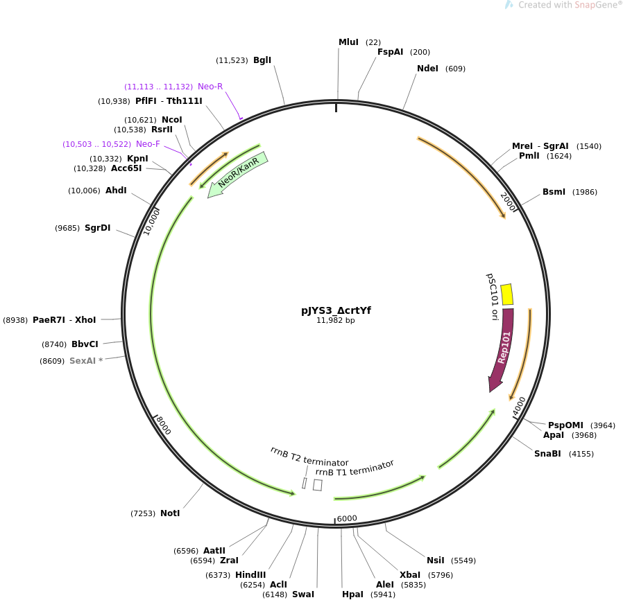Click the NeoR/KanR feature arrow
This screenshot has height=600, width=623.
[237, 175]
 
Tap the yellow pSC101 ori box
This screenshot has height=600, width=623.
[506, 294]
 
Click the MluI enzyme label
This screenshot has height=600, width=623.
[348, 42]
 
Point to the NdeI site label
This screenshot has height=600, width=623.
[427, 69]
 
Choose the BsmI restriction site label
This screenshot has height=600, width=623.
[554, 192]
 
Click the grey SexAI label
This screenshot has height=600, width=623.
[83, 361]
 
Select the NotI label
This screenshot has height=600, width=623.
[170, 513]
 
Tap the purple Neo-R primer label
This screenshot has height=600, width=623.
[210, 87]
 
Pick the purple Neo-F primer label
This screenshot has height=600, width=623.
[148, 144]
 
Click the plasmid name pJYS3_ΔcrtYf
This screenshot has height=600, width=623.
[336, 310]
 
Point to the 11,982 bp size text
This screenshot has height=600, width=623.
[335, 320]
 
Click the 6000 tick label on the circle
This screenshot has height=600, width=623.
[347, 518]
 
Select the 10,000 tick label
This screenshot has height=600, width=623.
[151, 222]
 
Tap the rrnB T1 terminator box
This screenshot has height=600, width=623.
[318, 485]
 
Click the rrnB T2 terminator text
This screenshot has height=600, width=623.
[309, 457]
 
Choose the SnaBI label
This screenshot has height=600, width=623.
[547, 454]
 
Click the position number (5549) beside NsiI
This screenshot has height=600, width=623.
[463, 561]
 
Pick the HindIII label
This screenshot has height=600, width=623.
[250, 574]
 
